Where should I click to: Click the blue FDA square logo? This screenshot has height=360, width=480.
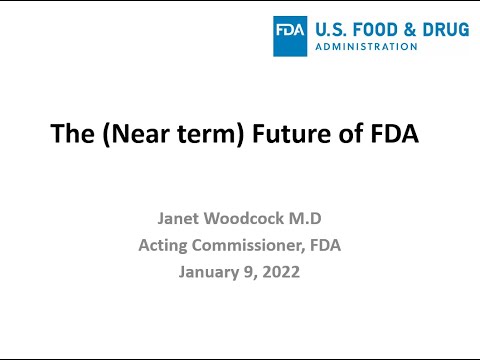(291, 35)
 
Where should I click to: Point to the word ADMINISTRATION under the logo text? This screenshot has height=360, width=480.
(366, 46)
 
